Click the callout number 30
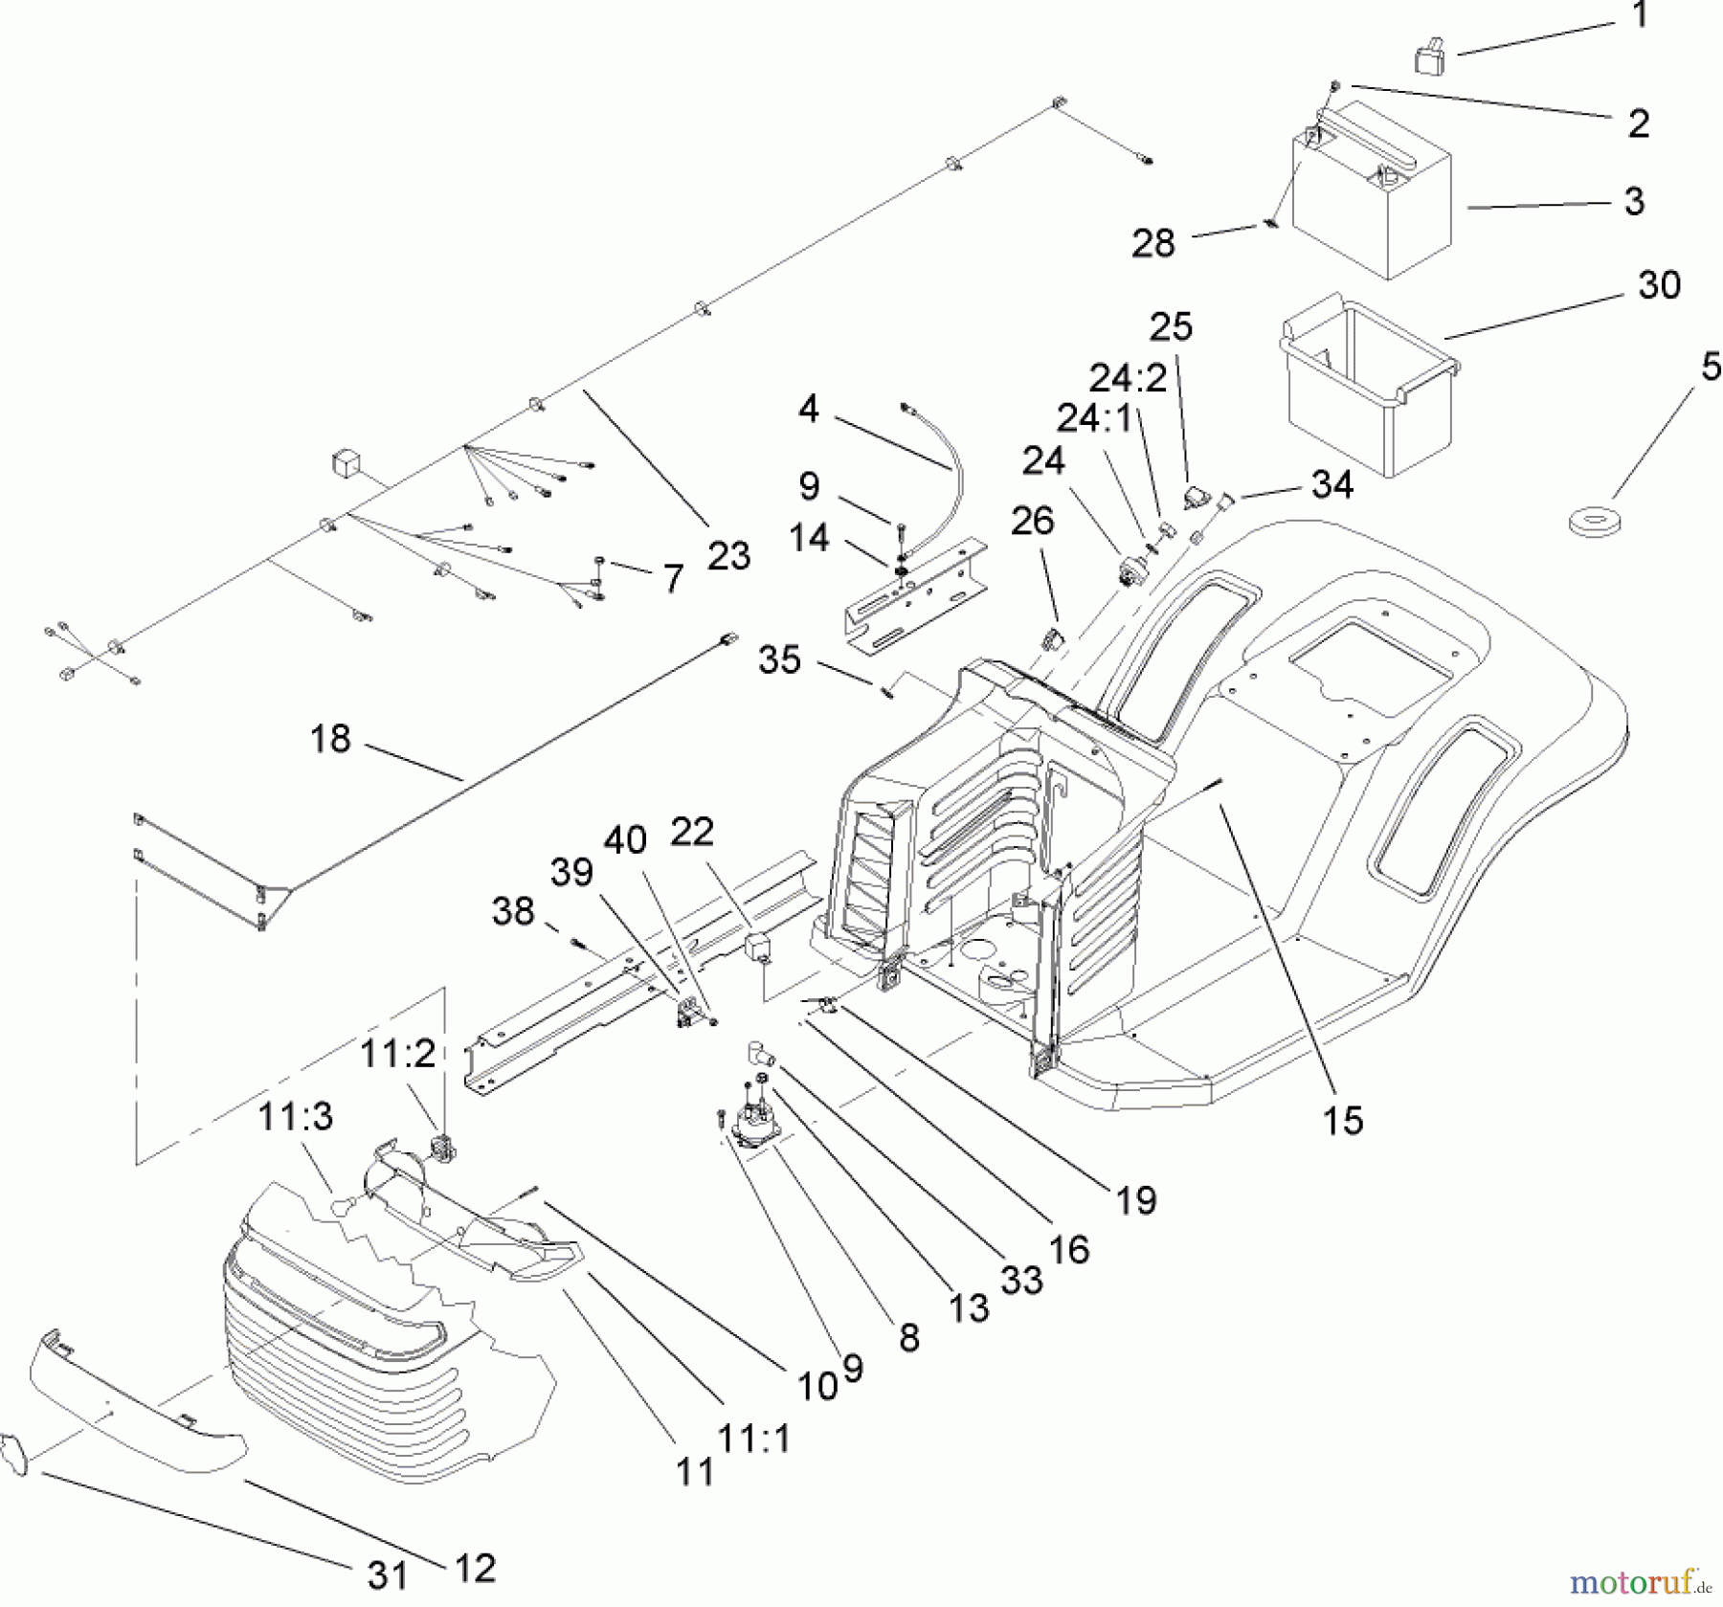coord(1659,284)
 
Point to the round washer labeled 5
coord(1594,523)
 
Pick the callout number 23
coord(728,555)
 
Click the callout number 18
coord(330,739)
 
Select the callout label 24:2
coord(1129,379)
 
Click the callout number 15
coord(1342,1121)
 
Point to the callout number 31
coord(387,1575)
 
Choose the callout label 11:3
coord(296,1116)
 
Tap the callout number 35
coord(779,659)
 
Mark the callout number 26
coord(1032,521)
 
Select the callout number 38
coord(513,910)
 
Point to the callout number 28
coord(1152,243)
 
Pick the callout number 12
coord(473,1567)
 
